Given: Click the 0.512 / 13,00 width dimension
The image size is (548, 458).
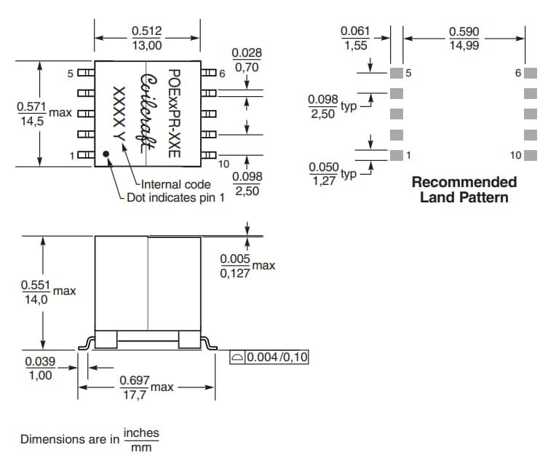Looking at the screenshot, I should point(146,38).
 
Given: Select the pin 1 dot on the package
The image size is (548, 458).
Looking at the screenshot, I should point(106,154).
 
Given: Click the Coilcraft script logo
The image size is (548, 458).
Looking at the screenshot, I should point(148,112).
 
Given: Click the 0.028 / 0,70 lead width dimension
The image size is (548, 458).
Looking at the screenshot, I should point(247,60).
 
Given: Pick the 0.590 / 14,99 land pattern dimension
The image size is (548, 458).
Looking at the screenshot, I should point(464,38).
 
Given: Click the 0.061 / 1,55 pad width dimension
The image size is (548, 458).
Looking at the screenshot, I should point(355,38).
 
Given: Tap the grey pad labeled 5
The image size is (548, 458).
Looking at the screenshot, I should point(396,73).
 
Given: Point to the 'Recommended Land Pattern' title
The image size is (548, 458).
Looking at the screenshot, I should point(464,189).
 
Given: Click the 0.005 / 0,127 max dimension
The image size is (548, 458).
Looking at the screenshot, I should point(236,266).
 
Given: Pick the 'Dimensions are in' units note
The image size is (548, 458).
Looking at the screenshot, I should point(90,439).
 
